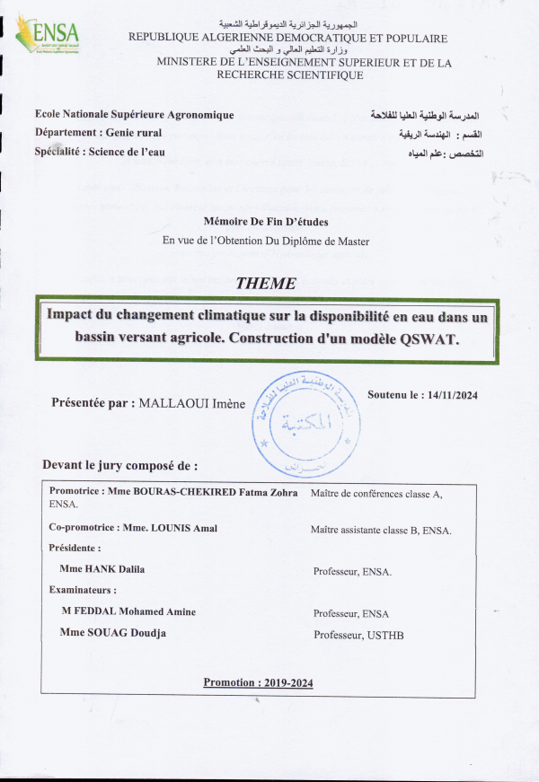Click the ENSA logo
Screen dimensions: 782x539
click(x=49, y=36)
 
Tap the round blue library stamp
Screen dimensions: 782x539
click(x=305, y=424)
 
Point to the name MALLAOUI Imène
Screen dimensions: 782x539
click(x=192, y=404)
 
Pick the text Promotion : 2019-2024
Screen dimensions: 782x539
click(x=258, y=682)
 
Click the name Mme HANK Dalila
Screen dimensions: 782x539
click(x=102, y=569)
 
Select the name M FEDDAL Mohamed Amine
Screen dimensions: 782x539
click(x=128, y=612)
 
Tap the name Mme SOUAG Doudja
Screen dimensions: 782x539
click(x=112, y=634)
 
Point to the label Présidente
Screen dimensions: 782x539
click(x=75, y=548)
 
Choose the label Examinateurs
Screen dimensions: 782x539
click(x=83, y=591)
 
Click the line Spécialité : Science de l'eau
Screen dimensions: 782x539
click(x=100, y=152)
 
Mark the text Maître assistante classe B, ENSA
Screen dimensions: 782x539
click(x=381, y=531)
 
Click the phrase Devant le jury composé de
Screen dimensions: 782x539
click(x=119, y=466)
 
